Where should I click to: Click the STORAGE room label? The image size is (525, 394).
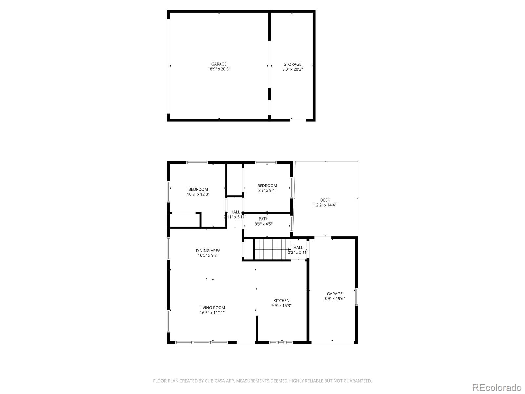coord(292,64)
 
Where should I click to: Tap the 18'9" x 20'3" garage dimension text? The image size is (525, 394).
coord(219,69)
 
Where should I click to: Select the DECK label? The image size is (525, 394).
coord(325,200)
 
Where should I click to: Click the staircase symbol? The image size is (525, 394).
coord(272,249)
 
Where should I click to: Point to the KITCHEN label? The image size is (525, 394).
coord(282,301)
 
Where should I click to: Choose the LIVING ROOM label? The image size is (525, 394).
coord(212,308)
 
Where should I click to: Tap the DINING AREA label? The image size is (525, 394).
coord(208,251)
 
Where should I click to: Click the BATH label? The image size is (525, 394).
coord(263,219)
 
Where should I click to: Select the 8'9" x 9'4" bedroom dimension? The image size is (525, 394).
coord(267,190)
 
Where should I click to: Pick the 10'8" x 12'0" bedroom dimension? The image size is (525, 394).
coord(198,194)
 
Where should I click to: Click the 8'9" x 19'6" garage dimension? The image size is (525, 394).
coord(335,299)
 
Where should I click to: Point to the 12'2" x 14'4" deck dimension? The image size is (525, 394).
coord(325,205)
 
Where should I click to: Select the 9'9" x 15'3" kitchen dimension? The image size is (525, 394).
coord(282,306)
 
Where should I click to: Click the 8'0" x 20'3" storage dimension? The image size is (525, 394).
coord(292,69)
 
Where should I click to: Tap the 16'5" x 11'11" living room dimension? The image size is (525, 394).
coord(212,313)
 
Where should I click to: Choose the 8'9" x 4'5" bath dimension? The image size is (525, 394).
coord(263,224)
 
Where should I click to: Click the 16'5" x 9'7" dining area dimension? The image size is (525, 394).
coord(208,255)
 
